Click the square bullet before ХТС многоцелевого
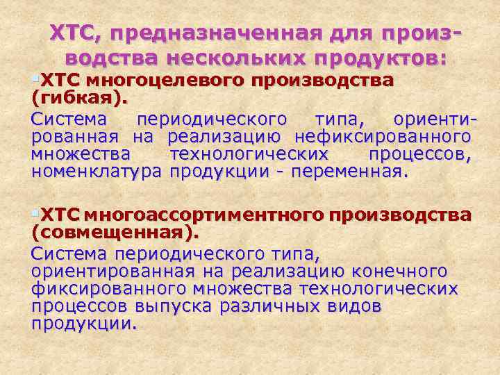point(35,79)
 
